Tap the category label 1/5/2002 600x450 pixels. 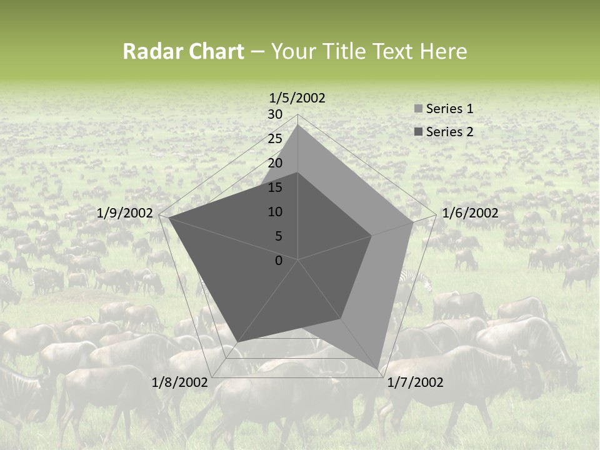pyautogui.click(x=297, y=98)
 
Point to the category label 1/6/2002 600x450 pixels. pyautogui.click(x=470, y=213)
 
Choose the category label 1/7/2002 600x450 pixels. pyautogui.click(x=415, y=382)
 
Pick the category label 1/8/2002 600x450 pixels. pyautogui.click(x=180, y=382)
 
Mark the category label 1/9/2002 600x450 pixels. pyautogui.click(x=125, y=213)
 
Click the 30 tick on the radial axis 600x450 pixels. pyautogui.click(x=275, y=114)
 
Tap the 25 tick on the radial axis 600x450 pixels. pyautogui.click(x=275, y=139)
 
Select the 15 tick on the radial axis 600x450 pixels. pyautogui.click(x=275, y=187)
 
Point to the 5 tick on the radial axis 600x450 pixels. pyautogui.click(x=278, y=236)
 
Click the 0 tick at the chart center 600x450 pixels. pyautogui.click(x=279, y=260)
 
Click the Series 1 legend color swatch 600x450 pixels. pyautogui.click(x=418, y=109)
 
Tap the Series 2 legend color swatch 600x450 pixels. pyautogui.click(x=418, y=132)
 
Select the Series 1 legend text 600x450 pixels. pyautogui.click(x=449, y=109)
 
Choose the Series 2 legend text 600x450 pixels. pyautogui.click(x=449, y=132)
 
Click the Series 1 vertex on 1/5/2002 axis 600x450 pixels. pyautogui.click(x=297, y=124)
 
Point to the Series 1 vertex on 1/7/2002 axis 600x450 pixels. pyautogui.click(x=378, y=369)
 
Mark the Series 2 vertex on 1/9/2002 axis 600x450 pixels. pyautogui.click(x=169, y=218)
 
